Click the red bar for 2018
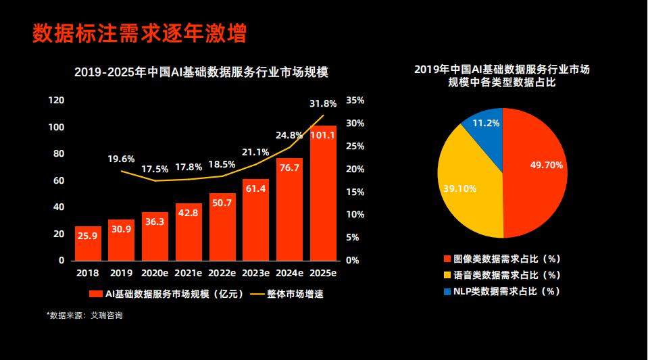(88, 243)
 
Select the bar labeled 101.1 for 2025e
(323, 196)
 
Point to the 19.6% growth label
(121, 159)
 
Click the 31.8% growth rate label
(323, 104)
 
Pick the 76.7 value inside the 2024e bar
(289, 168)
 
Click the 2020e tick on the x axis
(155, 274)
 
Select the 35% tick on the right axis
(355, 101)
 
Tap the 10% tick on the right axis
(355, 215)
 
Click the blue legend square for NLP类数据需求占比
(447, 292)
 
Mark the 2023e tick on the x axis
(255, 274)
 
